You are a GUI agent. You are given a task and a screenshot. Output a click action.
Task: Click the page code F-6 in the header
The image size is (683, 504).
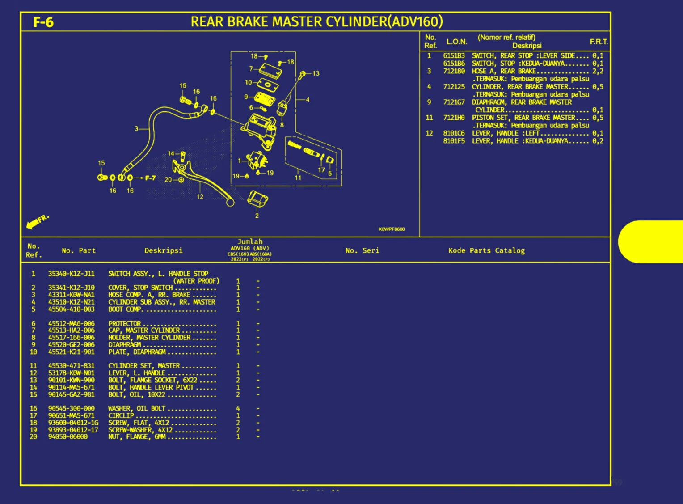point(43,22)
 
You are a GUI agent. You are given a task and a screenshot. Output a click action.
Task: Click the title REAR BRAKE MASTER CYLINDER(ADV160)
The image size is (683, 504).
point(316,21)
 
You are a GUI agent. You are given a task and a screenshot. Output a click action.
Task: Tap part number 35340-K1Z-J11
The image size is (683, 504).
point(71,274)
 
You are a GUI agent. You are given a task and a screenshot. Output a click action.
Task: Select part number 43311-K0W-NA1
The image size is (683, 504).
point(71,295)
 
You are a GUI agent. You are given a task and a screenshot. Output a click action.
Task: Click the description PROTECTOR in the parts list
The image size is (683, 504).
point(124,323)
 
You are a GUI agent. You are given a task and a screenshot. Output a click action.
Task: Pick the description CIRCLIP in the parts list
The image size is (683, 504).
point(121,415)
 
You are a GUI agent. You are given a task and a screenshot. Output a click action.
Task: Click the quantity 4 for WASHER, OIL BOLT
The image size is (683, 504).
point(238,408)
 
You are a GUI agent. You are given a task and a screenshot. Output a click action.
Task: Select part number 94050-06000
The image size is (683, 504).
point(67,436)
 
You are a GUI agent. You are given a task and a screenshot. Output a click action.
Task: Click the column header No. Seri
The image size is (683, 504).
point(362,250)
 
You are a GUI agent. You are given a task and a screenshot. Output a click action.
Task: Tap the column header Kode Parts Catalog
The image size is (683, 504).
point(486,250)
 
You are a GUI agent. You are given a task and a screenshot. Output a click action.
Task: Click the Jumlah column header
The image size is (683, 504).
point(250,241)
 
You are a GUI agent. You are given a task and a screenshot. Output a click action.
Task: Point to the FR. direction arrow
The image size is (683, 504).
point(37,221)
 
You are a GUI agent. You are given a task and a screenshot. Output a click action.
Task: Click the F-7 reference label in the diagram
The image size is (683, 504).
point(150,178)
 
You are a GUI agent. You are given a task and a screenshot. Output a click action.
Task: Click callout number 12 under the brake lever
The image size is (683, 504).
point(200,196)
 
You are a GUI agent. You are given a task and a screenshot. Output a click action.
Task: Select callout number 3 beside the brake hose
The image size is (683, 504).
point(136,128)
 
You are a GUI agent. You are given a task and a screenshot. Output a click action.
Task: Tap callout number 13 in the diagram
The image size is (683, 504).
point(316,73)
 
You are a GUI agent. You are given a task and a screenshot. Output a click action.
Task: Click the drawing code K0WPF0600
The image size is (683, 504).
point(392,229)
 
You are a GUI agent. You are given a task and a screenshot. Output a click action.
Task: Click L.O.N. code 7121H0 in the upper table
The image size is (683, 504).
point(454,118)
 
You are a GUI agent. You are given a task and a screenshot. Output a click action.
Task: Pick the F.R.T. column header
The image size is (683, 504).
point(598,42)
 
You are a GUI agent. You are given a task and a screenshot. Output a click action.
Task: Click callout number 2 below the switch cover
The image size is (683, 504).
point(257,216)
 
